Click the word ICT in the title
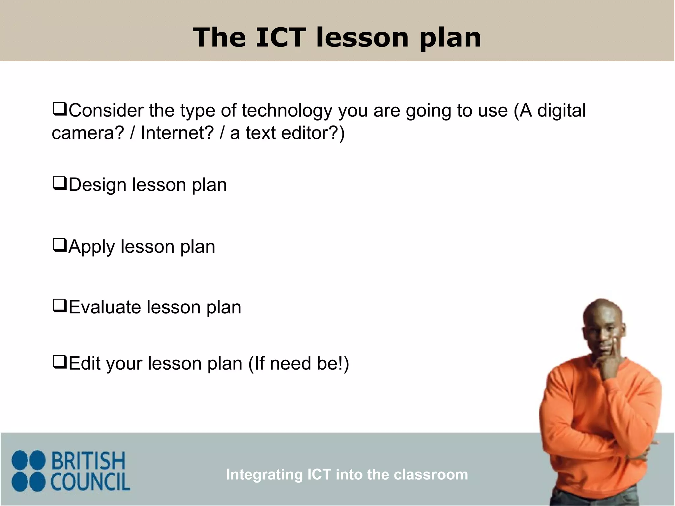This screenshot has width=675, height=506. pyautogui.click(x=280, y=37)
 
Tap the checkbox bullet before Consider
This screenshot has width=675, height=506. pyautogui.click(x=60, y=109)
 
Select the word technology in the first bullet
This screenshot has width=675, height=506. pyautogui.click(x=287, y=111)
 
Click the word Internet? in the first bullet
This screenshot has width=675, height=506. pyautogui.click(x=177, y=133)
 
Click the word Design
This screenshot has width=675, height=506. pyautogui.click(x=98, y=185)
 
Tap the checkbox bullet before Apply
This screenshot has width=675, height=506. pyautogui.click(x=60, y=245)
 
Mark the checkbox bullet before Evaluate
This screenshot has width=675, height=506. pyautogui.click(x=60, y=306)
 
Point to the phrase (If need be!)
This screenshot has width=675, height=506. pyautogui.click(x=299, y=363)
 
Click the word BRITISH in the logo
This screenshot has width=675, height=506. pyautogui.click(x=88, y=461)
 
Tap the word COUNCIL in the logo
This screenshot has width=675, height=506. pyautogui.click(x=90, y=482)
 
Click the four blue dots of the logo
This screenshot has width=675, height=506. pyautogui.click(x=28, y=471)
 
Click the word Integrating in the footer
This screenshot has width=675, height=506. pyautogui.click(x=264, y=475)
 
